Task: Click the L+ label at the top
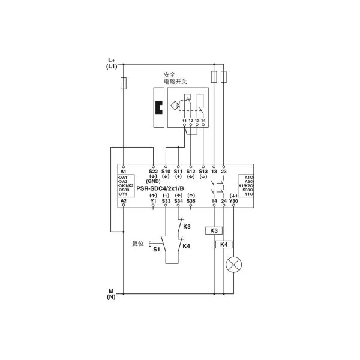(111, 61)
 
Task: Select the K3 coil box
(215, 230)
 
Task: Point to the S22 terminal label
(153, 171)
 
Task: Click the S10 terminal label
(166, 171)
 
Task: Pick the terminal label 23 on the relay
(224, 171)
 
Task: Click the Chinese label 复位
(138, 244)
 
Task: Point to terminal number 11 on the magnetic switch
(184, 121)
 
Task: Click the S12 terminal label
(191, 171)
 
